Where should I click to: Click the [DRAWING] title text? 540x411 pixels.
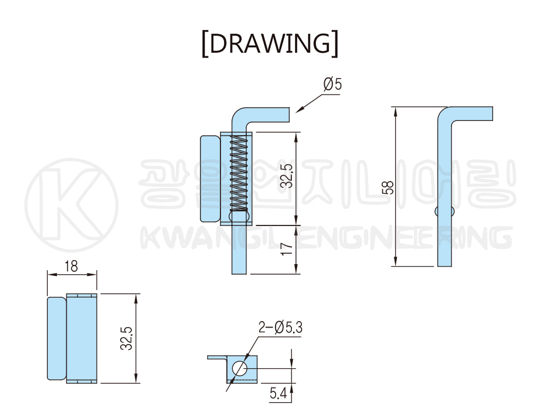(270, 43)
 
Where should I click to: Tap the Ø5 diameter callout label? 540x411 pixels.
(332, 84)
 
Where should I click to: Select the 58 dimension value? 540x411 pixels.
(388, 187)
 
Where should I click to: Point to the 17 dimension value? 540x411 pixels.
(287, 248)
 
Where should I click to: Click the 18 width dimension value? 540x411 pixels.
(72, 266)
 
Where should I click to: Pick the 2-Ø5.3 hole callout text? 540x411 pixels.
(280, 327)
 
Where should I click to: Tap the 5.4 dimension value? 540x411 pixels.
(279, 393)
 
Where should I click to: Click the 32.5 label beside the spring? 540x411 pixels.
(287, 176)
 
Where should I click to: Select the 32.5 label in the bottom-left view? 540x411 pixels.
(127, 338)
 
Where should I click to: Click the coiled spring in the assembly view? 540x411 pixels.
(239, 173)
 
